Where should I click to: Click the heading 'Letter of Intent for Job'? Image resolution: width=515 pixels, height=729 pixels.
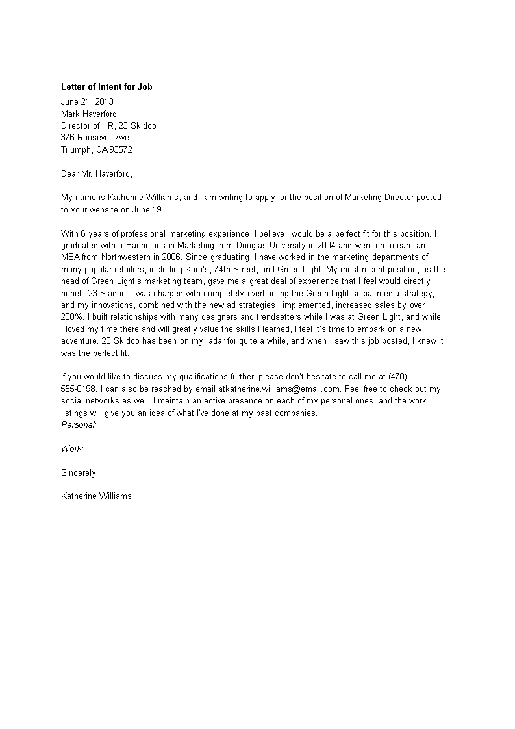tap(107, 86)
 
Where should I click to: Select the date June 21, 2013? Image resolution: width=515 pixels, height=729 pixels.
tap(87, 101)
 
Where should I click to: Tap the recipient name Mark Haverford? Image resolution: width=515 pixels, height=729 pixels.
tap(89, 114)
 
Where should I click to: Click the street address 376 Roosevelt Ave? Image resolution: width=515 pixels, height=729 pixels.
tap(96, 138)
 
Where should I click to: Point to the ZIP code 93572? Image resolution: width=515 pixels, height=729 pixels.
tap(121, 149)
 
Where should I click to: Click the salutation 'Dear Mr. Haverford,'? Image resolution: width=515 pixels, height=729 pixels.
tap(96, 173)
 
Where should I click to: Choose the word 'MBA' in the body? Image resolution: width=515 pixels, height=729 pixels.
tap(70, 257)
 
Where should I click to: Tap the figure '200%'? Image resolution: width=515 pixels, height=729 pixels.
tap(72, 316)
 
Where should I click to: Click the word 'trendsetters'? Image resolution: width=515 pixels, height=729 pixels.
tap(258, 316)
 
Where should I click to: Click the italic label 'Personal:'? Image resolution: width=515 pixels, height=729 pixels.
tap(79, 424)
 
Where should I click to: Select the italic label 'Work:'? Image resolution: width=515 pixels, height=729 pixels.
tap(72, 448)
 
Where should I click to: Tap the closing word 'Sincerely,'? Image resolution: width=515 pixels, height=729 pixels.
tap(80, 472)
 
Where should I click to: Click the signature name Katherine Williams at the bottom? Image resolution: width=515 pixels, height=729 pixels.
tap(96, 496)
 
